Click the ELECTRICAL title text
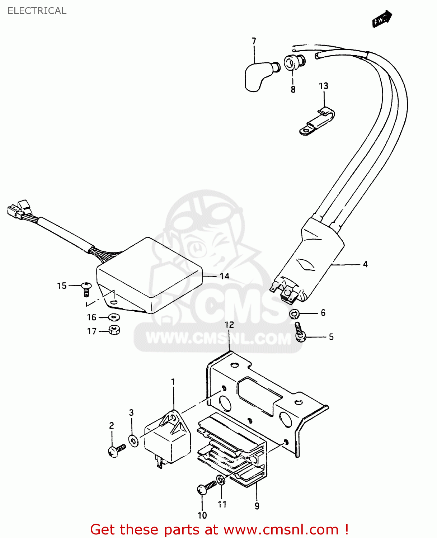[x=37, y=11]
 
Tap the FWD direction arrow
[x=382, y=19]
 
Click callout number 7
[x=254, y=41]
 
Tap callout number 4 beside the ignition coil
[x=365, y=264]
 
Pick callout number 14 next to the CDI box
[x=225, y=276]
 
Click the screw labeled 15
[x=86, y=288]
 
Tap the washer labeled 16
[x=114, y=317]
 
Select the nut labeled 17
[x=114, y=330]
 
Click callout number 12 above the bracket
[x=229, y=325]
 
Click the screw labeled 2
[x=116, y=450]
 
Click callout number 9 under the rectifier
[x=257, y=506]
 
